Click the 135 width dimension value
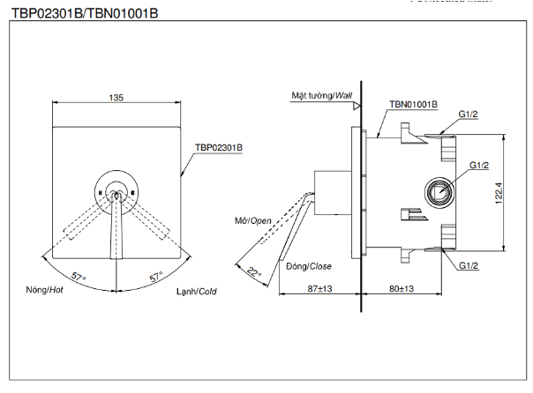[116, 98]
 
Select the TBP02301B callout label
[219, 147]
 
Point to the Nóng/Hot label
[46, 289]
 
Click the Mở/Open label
[252, 219]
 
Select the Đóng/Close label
[307, 265]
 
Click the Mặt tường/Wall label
[321, 95]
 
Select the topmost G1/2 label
[469, 114]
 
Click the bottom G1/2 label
[469, 264]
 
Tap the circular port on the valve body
[438, 191]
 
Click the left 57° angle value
[79, 278]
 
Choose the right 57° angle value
[156, 278]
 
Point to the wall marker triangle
[357, 106]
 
